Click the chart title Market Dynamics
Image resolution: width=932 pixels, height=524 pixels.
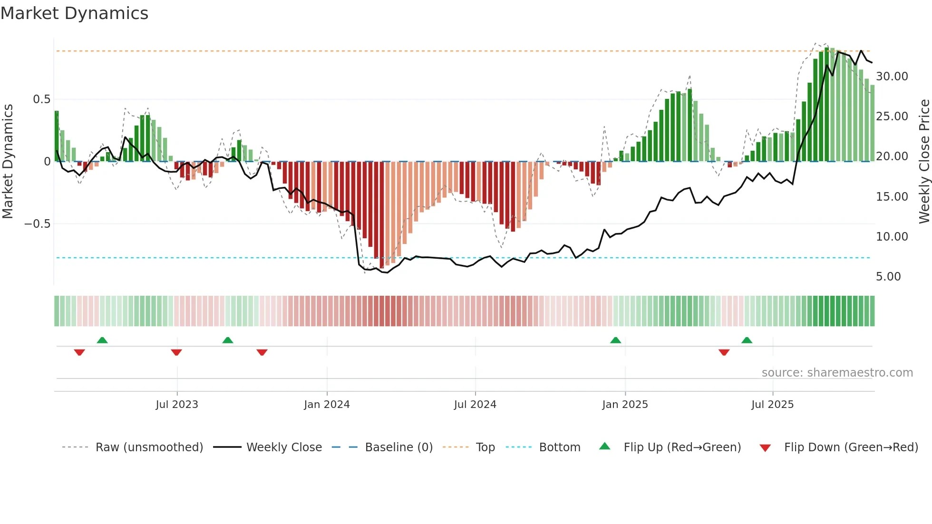point(75,13)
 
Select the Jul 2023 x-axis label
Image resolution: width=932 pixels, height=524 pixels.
point(177,405)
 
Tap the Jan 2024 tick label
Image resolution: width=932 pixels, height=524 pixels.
point(327,405)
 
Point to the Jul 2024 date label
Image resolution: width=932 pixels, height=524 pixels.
point(475,405)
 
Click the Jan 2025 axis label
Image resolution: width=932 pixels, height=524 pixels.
point(625,405)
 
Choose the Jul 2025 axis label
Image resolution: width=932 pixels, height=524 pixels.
point(773,405)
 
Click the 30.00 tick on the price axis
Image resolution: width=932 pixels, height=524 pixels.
point(892,77)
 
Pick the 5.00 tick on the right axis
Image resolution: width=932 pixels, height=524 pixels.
point(888,277)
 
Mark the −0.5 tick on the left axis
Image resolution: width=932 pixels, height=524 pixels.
point(37,224)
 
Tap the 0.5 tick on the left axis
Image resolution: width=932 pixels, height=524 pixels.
point(41,99)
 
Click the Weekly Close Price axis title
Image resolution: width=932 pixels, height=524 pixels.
point(924,161)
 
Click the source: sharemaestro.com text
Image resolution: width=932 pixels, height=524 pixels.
point(837,373)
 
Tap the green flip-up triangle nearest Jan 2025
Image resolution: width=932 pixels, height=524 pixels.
point(615,340)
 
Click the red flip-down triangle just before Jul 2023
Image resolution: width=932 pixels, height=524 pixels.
point(176,352)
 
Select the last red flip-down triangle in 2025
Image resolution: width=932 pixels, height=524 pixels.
point(724,352)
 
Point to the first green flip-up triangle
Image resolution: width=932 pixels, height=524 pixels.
point(102,340)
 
